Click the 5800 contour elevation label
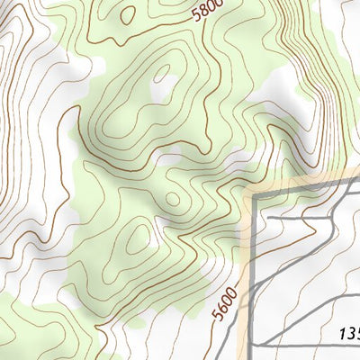click(207, 11)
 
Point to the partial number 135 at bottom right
click(349, 334)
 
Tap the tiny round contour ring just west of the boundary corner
click(173, 197)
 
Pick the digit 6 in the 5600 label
click(221, 310)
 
